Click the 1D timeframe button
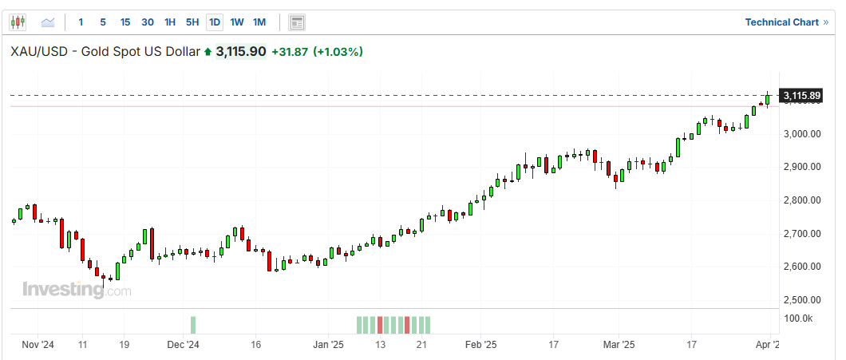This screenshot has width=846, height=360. click(215, 22)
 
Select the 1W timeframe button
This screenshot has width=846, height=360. click(237, 22)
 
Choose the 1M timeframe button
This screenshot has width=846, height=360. click(259, 22)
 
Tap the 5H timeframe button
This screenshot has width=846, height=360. click(192, 22)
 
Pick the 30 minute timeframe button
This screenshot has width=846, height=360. click(148, 22)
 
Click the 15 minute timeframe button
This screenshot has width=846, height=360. click(125, 22)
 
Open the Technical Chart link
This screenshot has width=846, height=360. click(786, 22)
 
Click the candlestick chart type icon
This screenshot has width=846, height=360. click(19, 22)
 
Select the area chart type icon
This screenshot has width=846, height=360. click(48, 22)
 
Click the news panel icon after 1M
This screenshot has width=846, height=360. click(297, 22)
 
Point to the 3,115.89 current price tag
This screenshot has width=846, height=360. click(802, 96)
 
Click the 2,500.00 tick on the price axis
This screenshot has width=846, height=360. click(801, 300)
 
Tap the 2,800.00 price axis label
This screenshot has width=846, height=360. click(801, 200)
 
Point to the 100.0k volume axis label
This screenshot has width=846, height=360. click(798, 318)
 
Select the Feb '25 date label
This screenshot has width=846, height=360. click(480, 345)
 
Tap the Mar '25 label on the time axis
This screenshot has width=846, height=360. click(619, 345)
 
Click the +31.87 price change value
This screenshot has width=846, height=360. click(290, 52)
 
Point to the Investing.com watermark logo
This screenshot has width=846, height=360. click(76, 290)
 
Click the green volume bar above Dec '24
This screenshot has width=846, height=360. click(192, 325)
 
